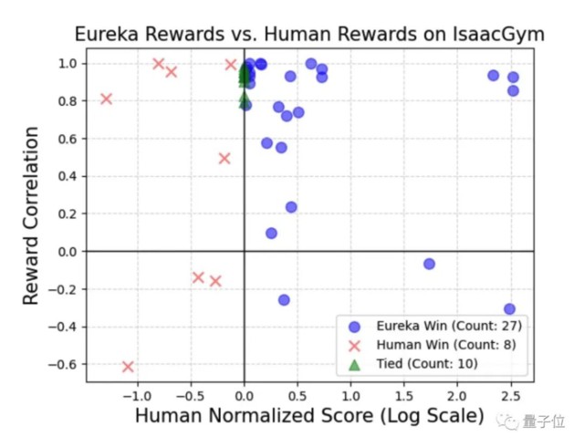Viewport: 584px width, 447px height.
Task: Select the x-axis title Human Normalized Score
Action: [x=309, y=417]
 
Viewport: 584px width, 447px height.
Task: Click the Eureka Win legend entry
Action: [x=429, y=326]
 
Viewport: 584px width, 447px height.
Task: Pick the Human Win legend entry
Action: [x=425, y=345]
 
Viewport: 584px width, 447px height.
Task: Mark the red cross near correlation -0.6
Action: [x=128, y=367]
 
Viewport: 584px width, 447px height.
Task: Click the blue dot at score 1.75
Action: [x=429, y=264]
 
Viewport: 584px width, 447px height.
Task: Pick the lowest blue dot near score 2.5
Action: [x=509, y=309]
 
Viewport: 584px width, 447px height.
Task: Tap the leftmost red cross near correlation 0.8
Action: [x=106, y=99]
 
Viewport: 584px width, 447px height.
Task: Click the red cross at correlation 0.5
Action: [x=224, y=159]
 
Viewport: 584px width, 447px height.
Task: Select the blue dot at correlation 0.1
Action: [x=271, y=233]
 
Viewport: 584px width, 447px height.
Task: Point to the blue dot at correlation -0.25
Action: [x=284, y=299]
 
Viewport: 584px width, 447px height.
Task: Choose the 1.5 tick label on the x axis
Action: [x=402, y=397]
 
